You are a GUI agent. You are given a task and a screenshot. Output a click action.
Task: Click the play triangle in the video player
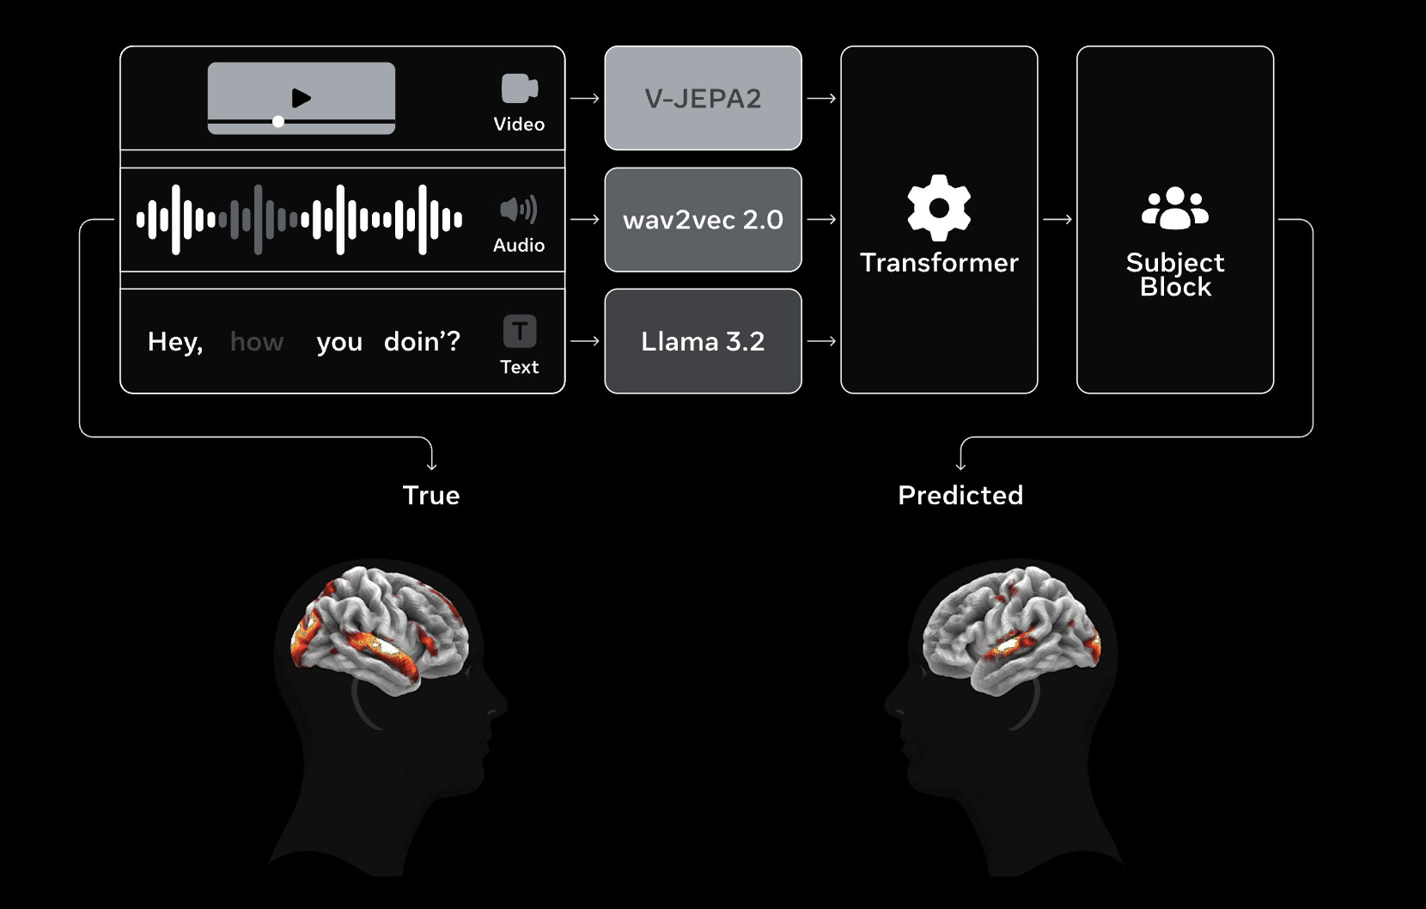tap(301, 98)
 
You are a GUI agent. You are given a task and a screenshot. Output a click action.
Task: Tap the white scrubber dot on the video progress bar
tap(278, 122)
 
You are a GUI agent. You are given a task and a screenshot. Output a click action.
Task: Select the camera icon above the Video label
tap(519, 88)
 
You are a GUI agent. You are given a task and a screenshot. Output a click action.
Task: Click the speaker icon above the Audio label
tap(518, 210)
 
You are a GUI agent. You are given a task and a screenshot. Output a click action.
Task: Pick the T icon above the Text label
tap(519, 331)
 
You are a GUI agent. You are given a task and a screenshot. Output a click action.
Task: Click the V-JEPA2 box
tap(703, 99)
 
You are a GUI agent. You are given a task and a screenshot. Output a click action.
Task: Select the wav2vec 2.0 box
tap(703, 220)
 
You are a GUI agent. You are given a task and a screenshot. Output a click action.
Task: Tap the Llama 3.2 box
tap(703, 341)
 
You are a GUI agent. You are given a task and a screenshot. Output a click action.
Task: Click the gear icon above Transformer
tap(939, 208)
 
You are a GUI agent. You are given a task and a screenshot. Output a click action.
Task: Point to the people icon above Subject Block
tap(1174, 208)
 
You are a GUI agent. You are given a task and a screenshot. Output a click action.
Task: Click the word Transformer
tap(939, 262)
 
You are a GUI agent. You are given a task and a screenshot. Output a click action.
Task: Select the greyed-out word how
tap(257, 342)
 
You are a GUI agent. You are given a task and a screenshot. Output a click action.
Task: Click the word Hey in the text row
tap(174, 342)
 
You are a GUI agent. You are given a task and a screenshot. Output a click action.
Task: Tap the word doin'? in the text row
tap(422, 342)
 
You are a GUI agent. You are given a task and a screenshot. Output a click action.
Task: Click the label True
tap(431, 495)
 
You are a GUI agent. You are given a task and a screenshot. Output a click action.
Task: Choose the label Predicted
tap(960, 495)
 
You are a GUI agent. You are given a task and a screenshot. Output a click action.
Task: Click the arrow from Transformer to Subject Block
tap(1057, 220)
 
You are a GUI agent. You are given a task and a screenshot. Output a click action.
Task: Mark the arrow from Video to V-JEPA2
tap(585, 99)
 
